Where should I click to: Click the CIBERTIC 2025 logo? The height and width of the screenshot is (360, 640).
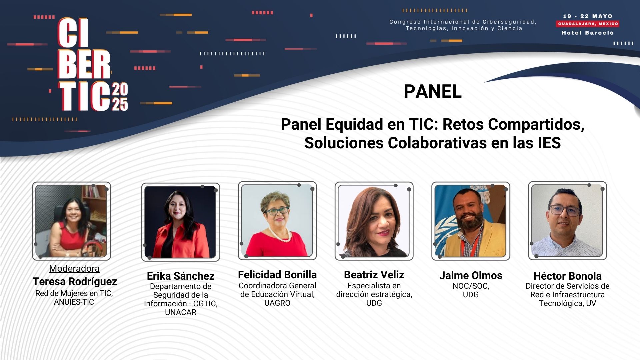point(93,64)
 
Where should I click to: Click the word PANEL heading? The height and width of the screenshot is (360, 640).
point(432,91)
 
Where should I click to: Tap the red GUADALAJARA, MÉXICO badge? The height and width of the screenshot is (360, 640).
point(588,24)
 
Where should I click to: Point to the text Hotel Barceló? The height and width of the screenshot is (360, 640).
point(588,33)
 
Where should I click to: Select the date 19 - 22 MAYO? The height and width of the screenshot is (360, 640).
point(588,16)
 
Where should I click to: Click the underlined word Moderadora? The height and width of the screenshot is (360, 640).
point(74,268)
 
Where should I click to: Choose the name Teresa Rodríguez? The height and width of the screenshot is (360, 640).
point(75,281)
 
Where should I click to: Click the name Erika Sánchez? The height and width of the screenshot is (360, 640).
point(181,276)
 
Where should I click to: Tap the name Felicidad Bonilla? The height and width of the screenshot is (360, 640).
point(277,275)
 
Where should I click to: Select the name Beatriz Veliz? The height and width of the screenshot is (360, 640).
point(374,275)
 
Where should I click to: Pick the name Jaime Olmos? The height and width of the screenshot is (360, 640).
point(471,275)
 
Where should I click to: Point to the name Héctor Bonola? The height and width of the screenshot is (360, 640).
point(567,276)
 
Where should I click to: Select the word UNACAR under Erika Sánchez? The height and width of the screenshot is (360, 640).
point(181,312)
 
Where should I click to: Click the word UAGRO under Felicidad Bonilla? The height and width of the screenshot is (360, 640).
point(277,303)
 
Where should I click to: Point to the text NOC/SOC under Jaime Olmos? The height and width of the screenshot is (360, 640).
point(471,286)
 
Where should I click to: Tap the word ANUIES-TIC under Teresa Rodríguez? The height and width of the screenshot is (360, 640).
point(74,302)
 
